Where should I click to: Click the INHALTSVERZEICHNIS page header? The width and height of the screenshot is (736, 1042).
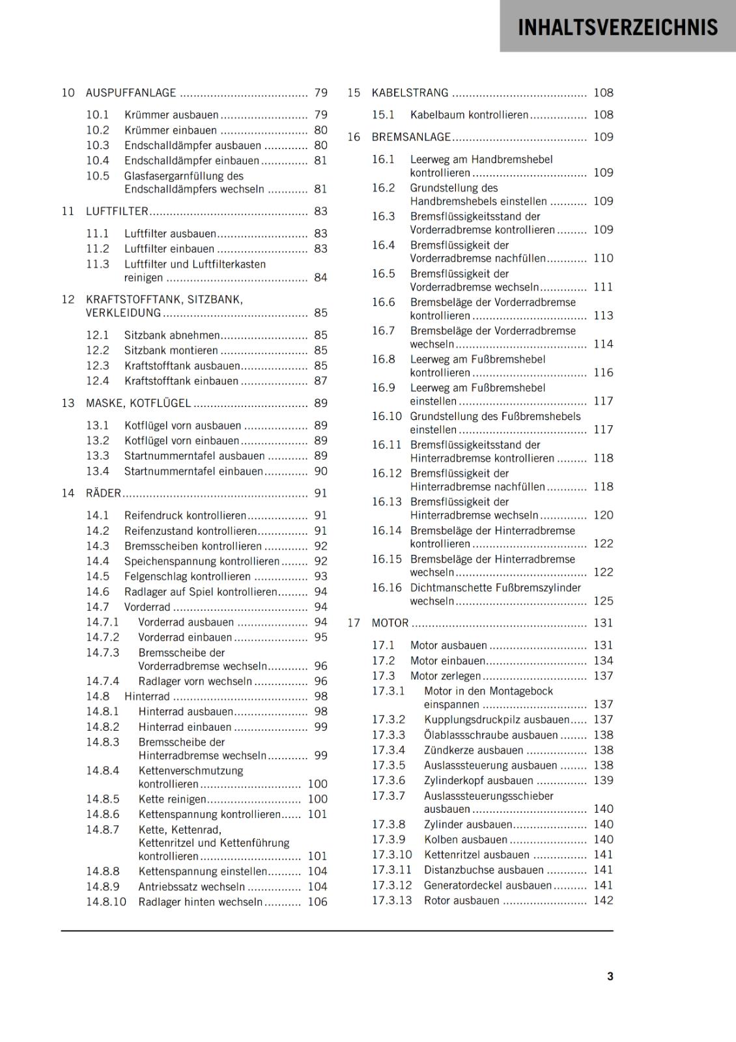tap(617, 27)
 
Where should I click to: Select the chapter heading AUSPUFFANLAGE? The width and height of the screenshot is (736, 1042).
tap(131, 93)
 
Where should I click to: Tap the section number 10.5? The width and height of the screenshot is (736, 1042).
tap(98, 176)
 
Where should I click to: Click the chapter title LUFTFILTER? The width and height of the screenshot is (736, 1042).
tap(117, 212)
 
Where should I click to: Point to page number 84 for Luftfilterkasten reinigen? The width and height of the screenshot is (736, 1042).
tap(320, 278)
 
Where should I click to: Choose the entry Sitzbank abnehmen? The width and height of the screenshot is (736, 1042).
tap(172, 335)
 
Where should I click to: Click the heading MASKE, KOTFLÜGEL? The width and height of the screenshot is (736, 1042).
tap(139, 404)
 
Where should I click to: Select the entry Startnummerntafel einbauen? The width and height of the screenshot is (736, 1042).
tap(193, 472)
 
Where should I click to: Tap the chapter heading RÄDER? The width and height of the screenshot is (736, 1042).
tap(104, 494)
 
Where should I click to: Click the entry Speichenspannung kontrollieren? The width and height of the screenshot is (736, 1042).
tap(202, 561)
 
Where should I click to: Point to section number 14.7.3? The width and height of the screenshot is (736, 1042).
tap(103, 653)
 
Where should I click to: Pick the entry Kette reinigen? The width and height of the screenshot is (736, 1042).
tap(172, 800)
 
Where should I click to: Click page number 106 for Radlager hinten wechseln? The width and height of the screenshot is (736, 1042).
tap(317, 903)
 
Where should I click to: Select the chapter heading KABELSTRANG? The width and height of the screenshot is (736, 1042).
tap(410, 93)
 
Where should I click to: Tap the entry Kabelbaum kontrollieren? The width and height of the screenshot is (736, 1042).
tap(469, 115)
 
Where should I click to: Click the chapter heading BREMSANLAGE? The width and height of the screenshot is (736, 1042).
tap(411, 137)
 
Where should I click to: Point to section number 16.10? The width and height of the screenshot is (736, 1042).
tap(387, 417)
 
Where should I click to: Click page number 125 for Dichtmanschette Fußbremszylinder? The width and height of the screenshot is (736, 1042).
tap(603, 601)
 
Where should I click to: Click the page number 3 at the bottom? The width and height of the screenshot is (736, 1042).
tap(610, 977)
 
